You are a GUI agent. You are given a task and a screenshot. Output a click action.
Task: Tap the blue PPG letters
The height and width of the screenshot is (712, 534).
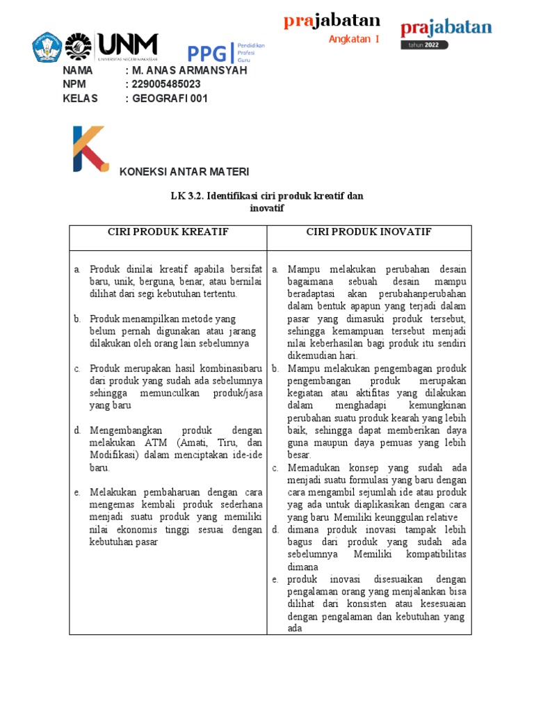point(205,53)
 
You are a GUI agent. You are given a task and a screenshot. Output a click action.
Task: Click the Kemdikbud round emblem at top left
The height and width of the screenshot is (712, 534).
point(47,47)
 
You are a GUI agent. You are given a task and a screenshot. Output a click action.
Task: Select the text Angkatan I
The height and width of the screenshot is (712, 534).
point(354,39)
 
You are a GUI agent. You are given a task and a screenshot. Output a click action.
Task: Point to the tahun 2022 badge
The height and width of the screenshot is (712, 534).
point(424,45)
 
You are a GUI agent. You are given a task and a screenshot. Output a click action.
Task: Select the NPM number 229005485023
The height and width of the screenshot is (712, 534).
point(166,84)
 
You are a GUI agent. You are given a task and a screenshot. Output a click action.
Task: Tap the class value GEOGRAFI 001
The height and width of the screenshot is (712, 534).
point(170,98)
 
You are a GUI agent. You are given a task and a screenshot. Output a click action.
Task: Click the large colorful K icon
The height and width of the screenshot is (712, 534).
point(90,148)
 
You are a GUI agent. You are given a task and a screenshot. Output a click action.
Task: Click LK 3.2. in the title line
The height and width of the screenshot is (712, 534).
point(186,196)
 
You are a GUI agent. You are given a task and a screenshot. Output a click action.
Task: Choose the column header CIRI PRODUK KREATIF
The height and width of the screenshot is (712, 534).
point(168,232)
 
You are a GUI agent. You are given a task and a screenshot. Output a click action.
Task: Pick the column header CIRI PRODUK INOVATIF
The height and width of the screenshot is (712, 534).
point(369,232)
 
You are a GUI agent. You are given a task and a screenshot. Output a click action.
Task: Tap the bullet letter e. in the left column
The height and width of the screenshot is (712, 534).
point(77,492)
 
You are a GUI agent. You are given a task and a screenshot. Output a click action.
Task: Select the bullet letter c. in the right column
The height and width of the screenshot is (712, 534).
point(275,468)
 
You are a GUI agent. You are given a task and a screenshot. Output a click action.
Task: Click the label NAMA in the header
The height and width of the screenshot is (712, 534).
point(77,70)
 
